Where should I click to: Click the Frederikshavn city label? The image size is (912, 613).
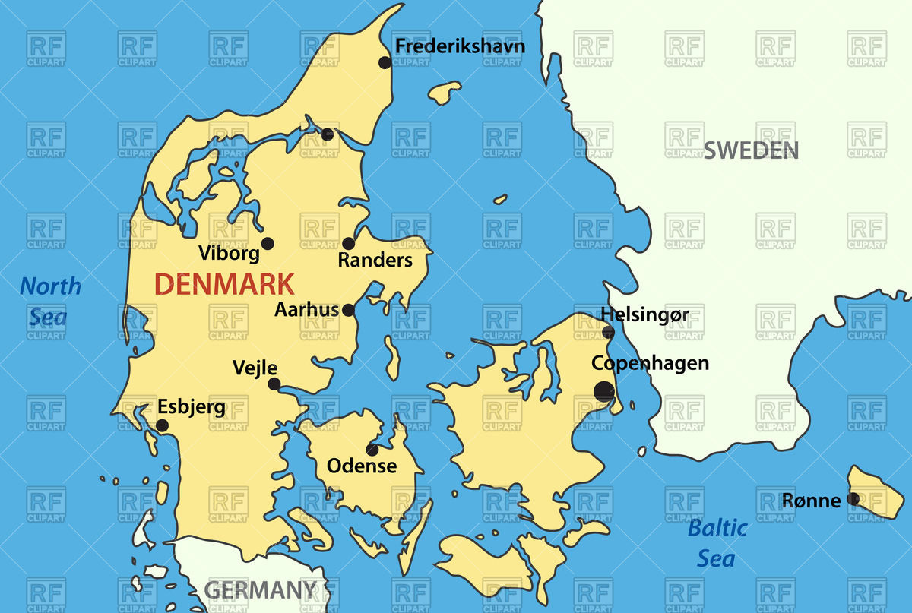460,46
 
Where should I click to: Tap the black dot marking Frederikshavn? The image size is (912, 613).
385,62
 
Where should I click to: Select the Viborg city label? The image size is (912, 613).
229,253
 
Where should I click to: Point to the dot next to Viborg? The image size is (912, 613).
268,243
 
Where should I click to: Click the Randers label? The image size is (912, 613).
375,261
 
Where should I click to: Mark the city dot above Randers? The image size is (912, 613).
348,243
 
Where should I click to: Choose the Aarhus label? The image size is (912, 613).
307,310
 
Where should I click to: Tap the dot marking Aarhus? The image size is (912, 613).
348,310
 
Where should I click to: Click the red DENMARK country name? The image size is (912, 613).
224,285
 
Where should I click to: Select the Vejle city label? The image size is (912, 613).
255,368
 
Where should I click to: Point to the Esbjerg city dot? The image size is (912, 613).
162,425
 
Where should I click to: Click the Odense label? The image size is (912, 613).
362,466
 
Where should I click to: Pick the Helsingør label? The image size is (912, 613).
644,314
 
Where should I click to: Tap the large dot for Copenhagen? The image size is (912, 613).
603,391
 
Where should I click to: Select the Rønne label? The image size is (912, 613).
812,501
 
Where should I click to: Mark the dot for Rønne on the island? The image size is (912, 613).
853,499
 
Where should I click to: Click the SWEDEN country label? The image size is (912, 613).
751,150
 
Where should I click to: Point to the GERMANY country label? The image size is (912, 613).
261,589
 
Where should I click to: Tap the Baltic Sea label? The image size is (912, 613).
717,543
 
